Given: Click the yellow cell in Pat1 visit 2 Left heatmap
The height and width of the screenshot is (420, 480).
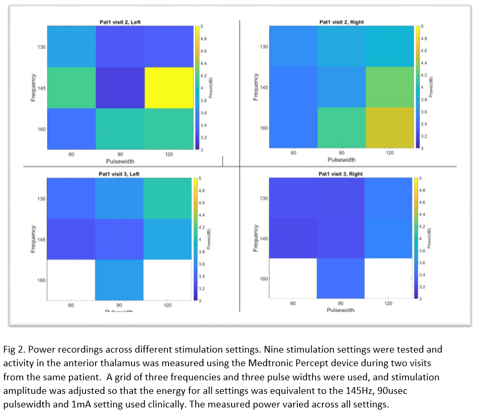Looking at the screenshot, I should [x=168, y=87].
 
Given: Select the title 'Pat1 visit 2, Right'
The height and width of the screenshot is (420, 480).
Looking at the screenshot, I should [x=342, y=22].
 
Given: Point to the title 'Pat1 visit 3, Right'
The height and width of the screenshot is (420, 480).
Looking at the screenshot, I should [x=342, y=174].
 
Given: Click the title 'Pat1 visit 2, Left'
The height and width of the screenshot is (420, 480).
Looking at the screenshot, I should [x=120, y=22].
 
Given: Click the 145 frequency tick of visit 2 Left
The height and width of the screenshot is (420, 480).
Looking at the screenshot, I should [x=41, y=88].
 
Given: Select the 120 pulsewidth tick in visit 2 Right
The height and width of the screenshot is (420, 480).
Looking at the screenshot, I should [x=390, y=153].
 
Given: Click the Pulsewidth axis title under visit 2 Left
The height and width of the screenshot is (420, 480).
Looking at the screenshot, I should [x=120, y=161].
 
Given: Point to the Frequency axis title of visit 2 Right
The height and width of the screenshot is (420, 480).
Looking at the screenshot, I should [x=256, y=87].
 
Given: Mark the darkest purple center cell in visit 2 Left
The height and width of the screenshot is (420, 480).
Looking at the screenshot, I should [x=120, y=87].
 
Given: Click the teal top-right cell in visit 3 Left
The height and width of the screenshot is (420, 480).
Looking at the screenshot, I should [x=168, y=199].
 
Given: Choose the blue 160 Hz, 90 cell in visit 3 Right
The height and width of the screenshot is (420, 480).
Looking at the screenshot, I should [x=341, y=278].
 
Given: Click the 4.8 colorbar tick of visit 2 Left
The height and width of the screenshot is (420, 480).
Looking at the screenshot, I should [x=204, y=39].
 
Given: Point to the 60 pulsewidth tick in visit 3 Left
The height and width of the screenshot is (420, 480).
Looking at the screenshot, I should [x=71, y=305].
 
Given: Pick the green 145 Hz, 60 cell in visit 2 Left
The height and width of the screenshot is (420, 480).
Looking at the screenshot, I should [x=71, y=87].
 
